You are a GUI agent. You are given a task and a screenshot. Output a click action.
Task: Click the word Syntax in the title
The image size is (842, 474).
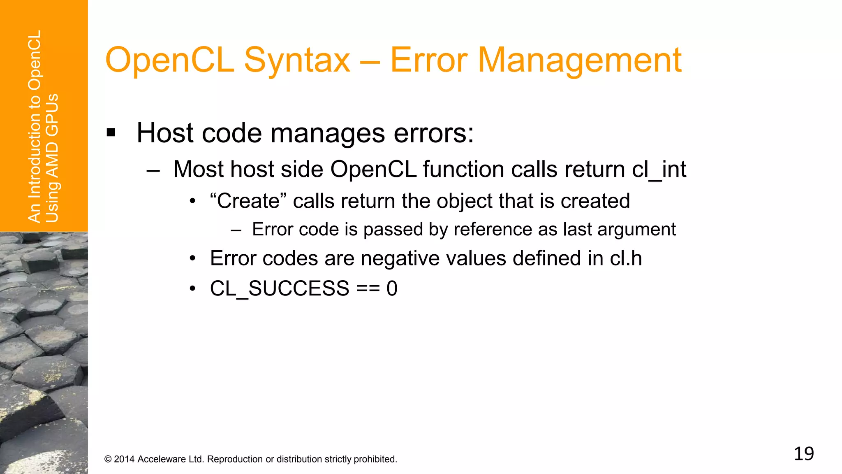(297, 60)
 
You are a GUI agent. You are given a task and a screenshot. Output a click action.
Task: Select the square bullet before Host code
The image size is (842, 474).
(111, 133)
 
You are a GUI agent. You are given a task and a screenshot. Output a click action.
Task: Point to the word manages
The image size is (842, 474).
(328, 133)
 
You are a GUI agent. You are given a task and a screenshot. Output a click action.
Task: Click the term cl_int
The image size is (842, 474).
(659, 169)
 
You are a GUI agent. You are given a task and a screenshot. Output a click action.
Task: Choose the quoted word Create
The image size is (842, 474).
(248, 201)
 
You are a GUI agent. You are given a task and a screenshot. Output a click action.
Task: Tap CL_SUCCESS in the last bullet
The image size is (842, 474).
(280, 288)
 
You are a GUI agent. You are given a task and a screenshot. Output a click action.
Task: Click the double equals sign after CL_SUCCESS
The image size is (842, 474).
(368, 288)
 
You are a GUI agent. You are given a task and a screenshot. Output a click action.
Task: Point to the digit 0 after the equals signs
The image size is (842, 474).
(392, 288)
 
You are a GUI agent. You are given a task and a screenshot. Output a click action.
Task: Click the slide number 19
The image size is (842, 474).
(804, 453)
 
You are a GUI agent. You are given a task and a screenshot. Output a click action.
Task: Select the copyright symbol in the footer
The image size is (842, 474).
(108, 459)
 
